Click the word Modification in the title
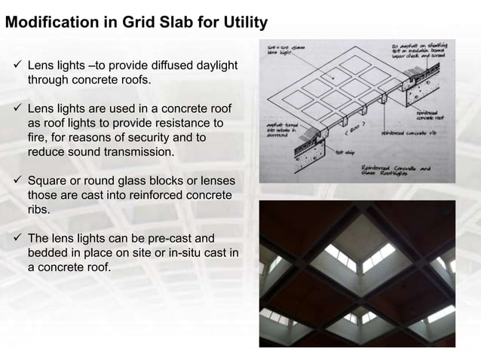coord(51,23)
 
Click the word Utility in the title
coord(242,23)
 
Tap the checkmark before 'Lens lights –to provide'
coord(17,65)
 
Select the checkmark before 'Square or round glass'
coord(17,182)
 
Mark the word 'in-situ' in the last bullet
coord(173,254)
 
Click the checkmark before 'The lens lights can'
coord(17,239)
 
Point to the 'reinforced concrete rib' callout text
coord(411,132)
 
